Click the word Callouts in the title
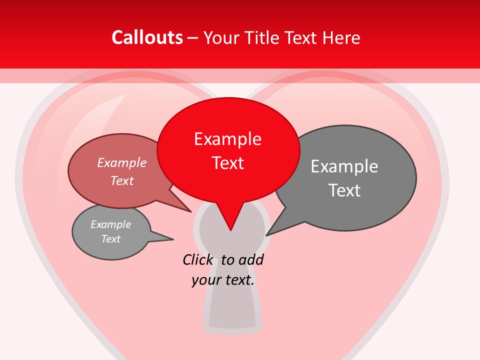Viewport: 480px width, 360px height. [147, 37]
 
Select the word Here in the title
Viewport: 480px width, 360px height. [341, 38]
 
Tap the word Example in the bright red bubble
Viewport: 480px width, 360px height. [227, 139]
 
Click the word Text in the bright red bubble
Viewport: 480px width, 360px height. [228, 163]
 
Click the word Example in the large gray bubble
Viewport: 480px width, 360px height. [344, 166]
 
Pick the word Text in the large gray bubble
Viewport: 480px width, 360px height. [344, 190]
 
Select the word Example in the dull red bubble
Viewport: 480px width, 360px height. [122, 163]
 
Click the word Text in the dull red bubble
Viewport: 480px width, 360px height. [122, 180]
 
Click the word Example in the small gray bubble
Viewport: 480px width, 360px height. [111, 224]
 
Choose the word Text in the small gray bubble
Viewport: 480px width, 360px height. [111, 239]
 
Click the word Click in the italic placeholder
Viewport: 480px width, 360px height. [198, 260]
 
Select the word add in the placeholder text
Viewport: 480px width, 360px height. [250, 260]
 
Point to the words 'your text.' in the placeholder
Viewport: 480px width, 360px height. [223, 280]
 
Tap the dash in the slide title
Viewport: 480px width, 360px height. [193, 38]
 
